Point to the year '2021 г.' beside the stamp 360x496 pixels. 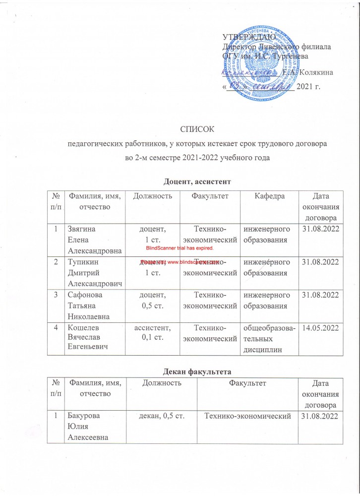pyautogui.click(x=308, y=87)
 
